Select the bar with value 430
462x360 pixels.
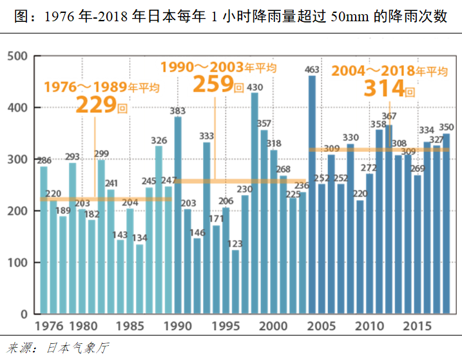pyautogui.click(x=255, y=204)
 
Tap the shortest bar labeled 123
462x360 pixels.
pyautogui.click(x=235, y=282)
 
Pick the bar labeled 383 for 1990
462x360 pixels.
pyautogui.click(x=178, y=215)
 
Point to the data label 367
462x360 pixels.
pyautogui.click(x=389, y=117)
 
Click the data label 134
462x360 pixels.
pyautogui.click(x=139, y=238)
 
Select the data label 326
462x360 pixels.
pyautogui.click(x=159, y=140)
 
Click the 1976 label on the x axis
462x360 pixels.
pyautogui.click(x=49, y=327)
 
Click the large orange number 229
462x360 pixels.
pyautogui.click(x=97, y=105)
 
